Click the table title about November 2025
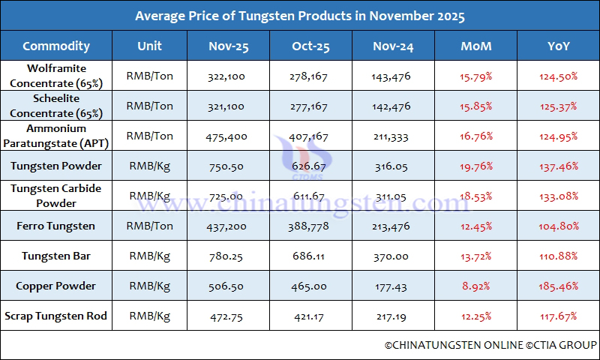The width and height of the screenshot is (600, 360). click(300, 16)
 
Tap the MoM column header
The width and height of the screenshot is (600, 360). click(476, 46)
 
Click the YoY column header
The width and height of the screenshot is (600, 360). click(558, 46)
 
